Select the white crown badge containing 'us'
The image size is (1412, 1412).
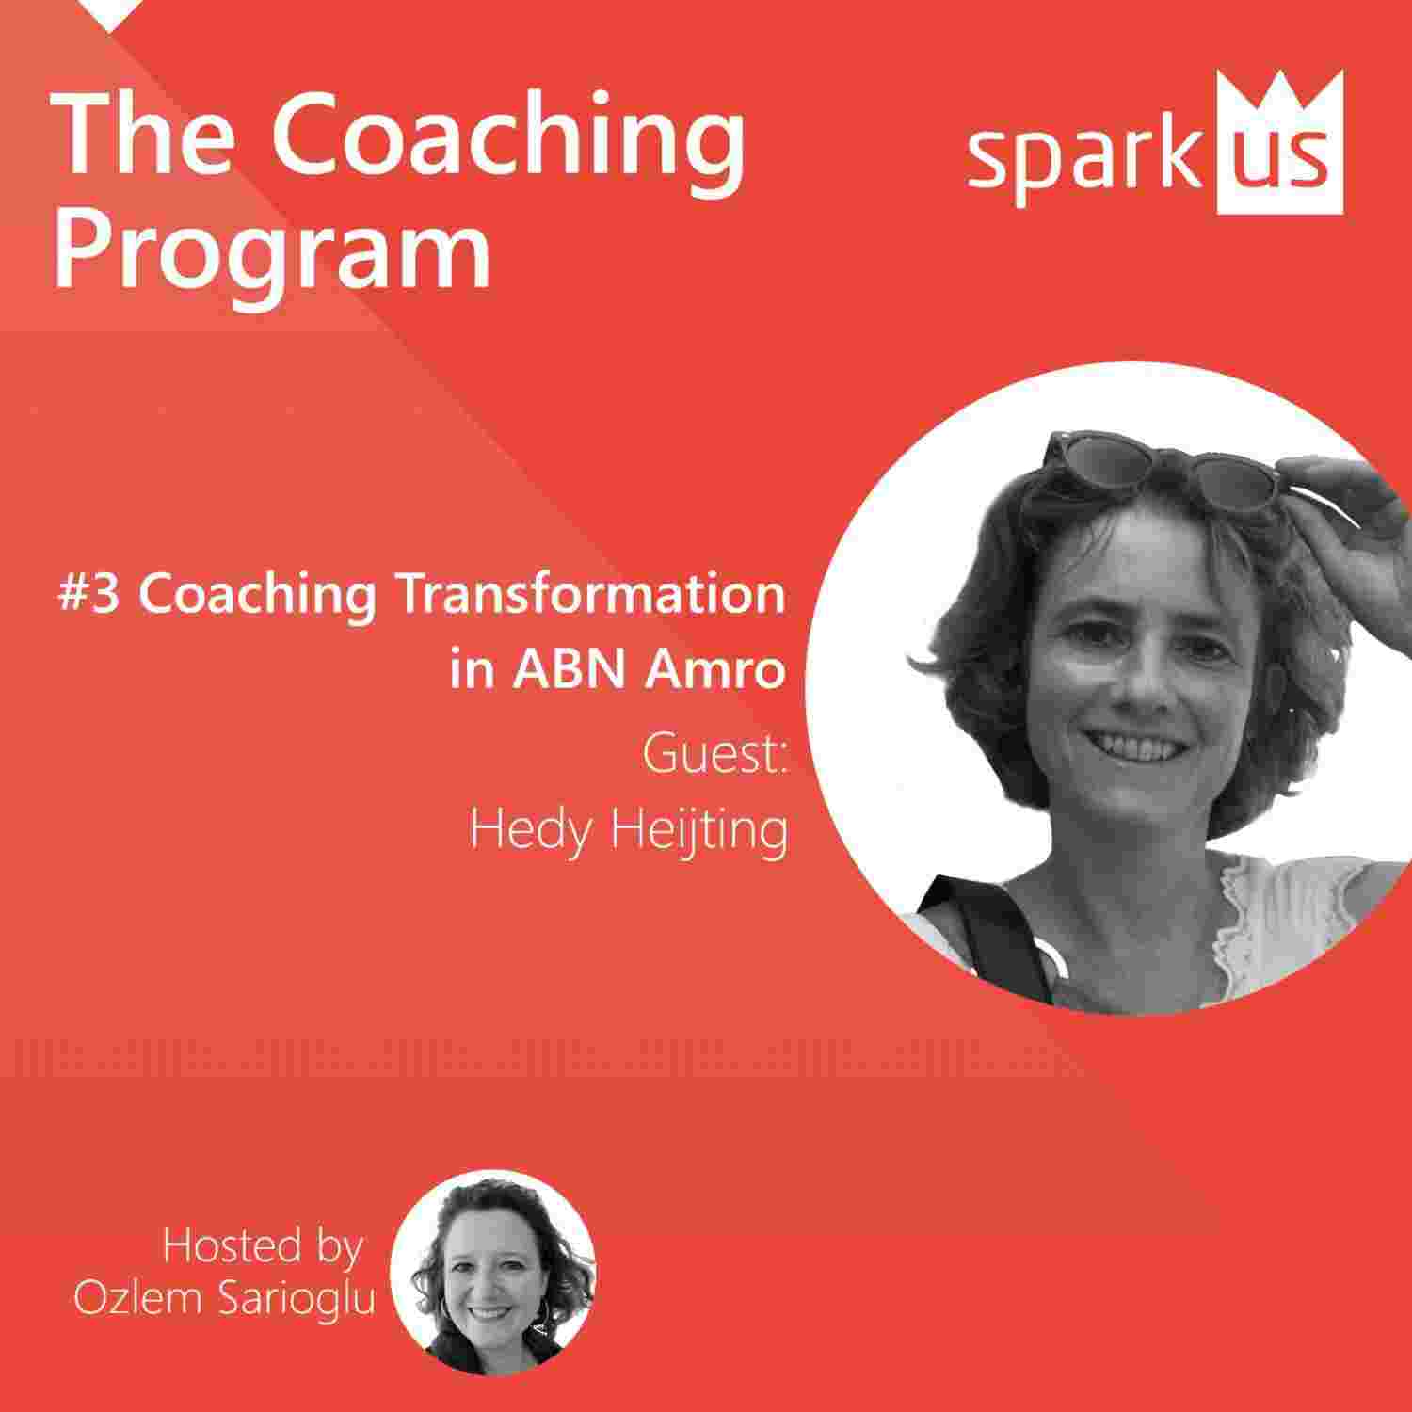coord(1279,146)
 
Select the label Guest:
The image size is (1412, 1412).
coord(715,755)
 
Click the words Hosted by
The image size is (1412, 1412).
coord(263,1246)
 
